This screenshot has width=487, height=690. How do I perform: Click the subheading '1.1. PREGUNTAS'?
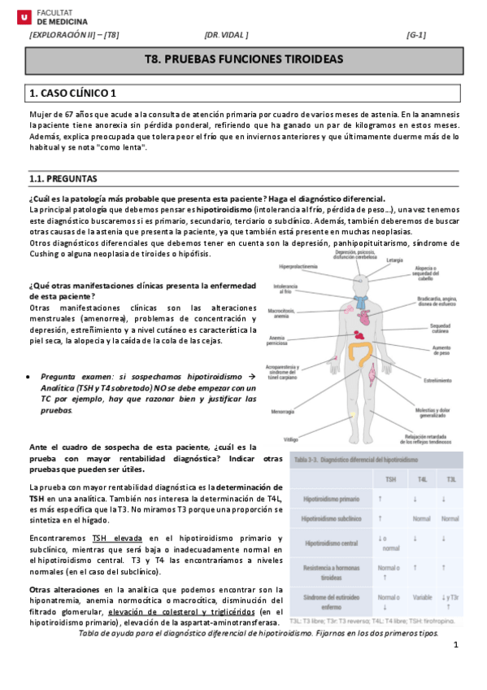[63, 178]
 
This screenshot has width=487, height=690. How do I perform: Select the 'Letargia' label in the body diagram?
[394, 260]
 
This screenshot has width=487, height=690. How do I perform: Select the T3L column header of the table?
[452, 479]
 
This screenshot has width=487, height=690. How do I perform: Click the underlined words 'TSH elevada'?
[118, 539]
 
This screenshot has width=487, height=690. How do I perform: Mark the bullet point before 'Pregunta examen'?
[30, 378]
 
